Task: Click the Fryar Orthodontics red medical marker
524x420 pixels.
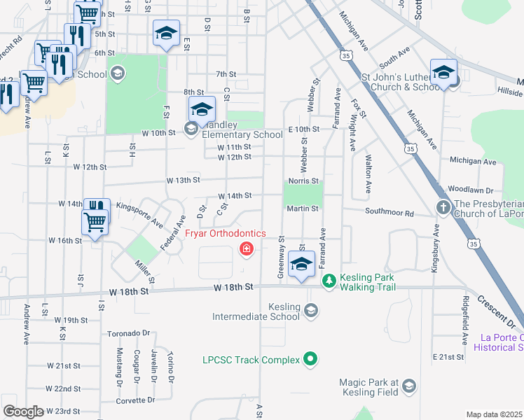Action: [x=246, y=248]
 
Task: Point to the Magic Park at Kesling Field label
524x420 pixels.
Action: [x=368, y=387]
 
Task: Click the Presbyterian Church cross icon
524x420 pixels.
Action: [x=442, y=207]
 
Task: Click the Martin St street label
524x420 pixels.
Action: [x=303, y=209]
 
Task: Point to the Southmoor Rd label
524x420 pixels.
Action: [x=389, y=212]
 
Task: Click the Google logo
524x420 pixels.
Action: [x=22, y=412]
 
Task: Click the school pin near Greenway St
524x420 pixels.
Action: [x=301, y=265]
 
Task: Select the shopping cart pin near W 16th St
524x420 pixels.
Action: [x=95, y=223]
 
